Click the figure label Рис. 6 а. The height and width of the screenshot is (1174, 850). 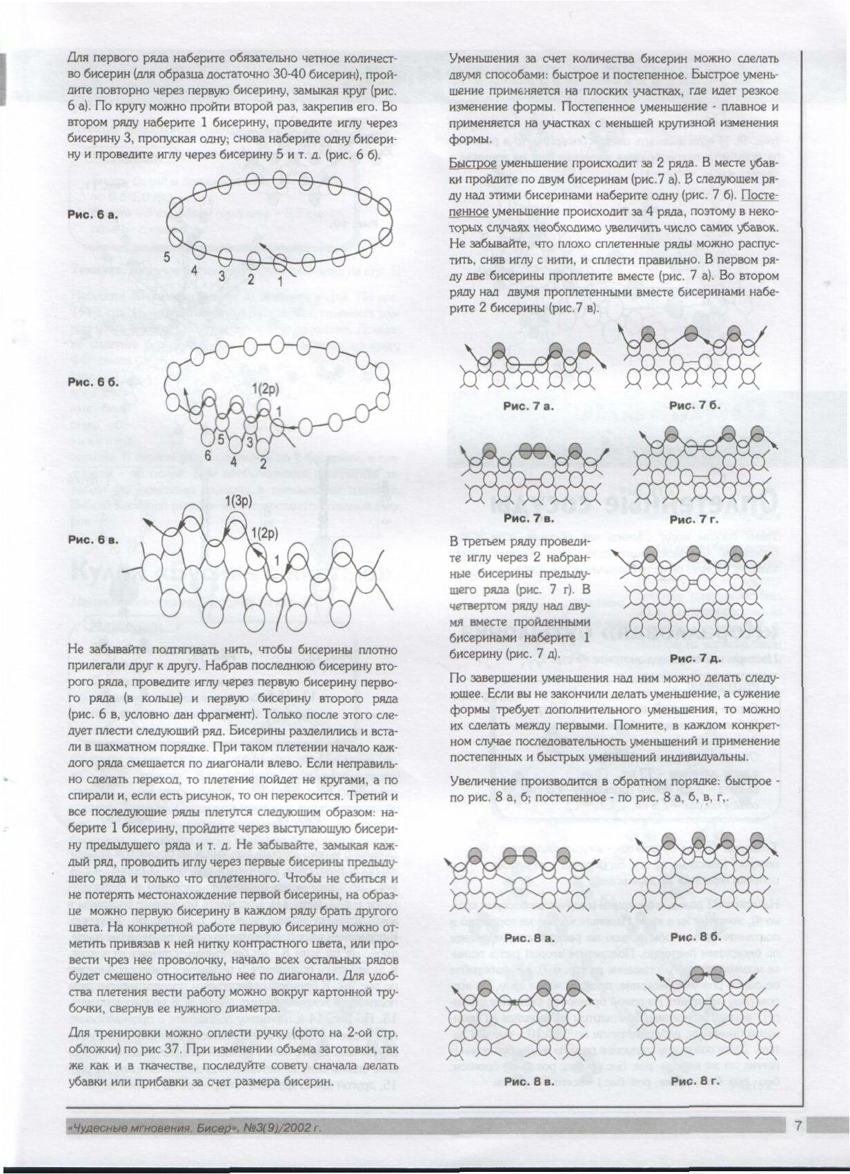tap(93, 215)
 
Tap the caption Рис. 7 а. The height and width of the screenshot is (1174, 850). tap(528, 406)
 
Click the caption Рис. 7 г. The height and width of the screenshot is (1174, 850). tap(693, 519)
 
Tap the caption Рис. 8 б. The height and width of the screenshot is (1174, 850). tap(695, 937)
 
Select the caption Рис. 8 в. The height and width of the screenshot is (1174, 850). tap(528, 1082)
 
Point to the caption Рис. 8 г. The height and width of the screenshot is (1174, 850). tap(695, 1081)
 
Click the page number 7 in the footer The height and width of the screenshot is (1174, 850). tap(797, 1126)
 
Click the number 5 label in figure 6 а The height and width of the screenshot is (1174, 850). tap(167, 257)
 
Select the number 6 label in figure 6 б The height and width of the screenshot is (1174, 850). tap(207, 455)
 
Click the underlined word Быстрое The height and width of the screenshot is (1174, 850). tap(473, 163)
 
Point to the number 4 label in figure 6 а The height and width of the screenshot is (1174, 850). tap(195, 270)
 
